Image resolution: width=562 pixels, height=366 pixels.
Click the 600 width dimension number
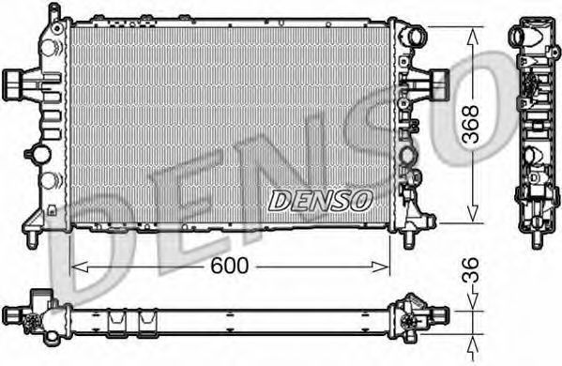coord(229,266)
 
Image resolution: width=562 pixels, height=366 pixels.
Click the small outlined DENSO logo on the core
coord(320,200)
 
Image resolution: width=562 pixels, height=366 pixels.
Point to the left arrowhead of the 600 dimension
coord(80,267)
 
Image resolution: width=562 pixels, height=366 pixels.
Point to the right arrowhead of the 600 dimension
coord(380,267)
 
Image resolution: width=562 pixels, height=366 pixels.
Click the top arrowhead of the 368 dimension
coord(473,37)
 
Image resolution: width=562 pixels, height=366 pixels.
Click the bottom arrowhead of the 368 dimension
coord(473,212)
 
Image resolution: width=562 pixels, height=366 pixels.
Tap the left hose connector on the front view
coord(14,84)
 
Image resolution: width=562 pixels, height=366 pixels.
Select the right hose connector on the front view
coord(438,85)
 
